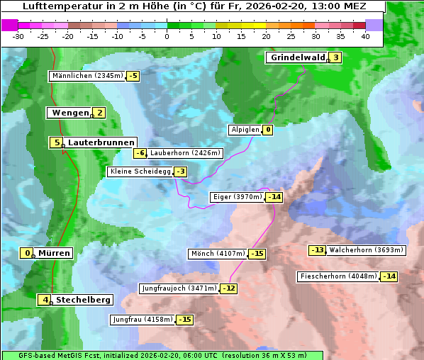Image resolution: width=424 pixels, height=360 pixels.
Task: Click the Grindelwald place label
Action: [x=296, y=58]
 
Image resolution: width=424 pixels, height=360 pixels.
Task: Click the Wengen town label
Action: [x=69, y=113]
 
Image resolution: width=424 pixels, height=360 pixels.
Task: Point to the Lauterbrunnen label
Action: [x=101, y=142]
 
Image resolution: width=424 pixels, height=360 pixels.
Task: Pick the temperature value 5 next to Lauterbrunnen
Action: [x=56, y=142]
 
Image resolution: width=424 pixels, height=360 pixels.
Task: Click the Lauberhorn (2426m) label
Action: [x=186, y=152]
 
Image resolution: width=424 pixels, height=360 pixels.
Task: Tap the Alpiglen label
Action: [x=245, y=130]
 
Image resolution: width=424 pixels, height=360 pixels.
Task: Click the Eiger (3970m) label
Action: [x=238, y=197]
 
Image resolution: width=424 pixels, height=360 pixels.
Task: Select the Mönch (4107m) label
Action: [x=218, y=254]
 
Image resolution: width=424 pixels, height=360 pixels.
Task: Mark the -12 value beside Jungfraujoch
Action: [x=229, y=288]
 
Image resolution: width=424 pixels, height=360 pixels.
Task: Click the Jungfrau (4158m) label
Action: [x=142, y=320]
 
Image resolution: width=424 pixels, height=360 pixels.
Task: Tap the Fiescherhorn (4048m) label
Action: [x=338, y=276]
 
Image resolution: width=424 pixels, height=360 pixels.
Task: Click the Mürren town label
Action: [x=54, y=253]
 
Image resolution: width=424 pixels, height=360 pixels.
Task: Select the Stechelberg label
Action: [x=83, y=300]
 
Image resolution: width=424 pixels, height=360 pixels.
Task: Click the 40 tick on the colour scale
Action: [x=365, y=35]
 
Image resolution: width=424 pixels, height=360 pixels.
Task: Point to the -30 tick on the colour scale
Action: [x=18, y=35]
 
